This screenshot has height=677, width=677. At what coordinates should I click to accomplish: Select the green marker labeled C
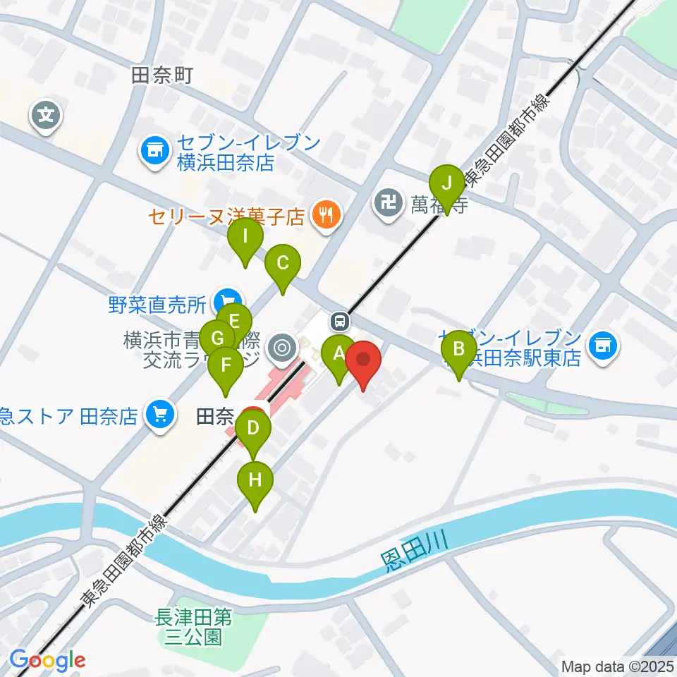click(x=282, y=264)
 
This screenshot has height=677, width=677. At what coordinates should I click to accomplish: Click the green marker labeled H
click(x=255, y=481)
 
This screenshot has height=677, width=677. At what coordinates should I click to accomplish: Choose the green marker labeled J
click(x=446, y=185)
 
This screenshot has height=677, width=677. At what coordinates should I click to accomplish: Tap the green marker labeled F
click(x=226, y=366)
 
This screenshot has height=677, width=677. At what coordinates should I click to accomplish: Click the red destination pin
click(x=363, y=360)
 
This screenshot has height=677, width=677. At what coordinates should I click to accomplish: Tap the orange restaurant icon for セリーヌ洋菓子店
click(x=325, y=214)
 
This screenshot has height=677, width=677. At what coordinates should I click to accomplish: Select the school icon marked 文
click(x=47, y=113)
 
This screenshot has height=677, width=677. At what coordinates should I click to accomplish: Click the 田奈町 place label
click(x=161, y=75)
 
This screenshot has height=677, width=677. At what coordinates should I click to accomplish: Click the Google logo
click(x=47, y=660)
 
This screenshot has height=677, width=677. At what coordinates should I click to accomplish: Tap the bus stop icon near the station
click(x=340, y=322)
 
